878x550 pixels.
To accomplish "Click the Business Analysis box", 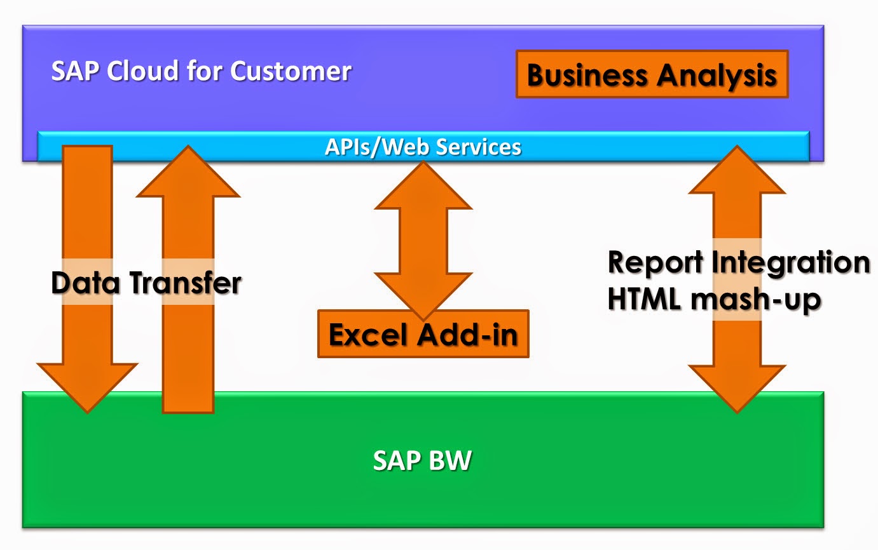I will (652, 74).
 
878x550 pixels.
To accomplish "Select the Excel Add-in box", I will (423, 334).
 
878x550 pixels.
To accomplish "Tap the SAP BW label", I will (422, 460).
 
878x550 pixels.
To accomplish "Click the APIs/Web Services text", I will (423, 147).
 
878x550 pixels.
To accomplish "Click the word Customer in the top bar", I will (291, 70).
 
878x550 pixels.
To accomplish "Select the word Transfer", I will (185, 283).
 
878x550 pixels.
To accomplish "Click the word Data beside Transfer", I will (87, 283).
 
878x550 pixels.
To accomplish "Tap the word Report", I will (655, 262).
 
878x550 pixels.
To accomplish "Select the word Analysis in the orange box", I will (717, 75).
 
